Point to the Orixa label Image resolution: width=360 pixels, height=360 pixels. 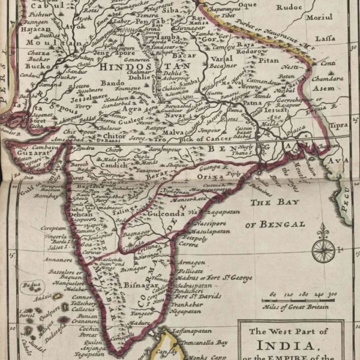(x=210, y=177)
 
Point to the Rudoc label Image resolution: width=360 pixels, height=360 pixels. (x=289, y=8)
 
